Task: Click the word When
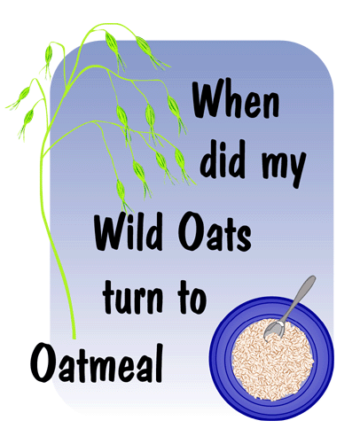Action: click(236, 100)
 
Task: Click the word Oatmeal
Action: click(97, 362)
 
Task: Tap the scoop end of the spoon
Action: click(274, 331)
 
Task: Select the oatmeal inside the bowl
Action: click(272, 362)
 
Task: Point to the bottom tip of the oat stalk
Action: click(74, 338)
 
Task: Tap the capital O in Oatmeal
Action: click(43, 362)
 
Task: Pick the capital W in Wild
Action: click(112, 232)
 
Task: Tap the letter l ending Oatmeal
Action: click(160, 362)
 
